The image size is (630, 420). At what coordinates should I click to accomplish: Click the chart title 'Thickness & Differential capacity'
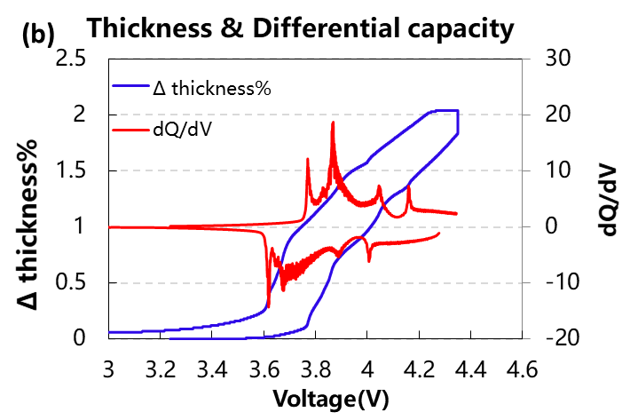(300, 28)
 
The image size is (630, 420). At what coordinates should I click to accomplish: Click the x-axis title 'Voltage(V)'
(330, 400)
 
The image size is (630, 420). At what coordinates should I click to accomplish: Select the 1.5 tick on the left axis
(76, 170)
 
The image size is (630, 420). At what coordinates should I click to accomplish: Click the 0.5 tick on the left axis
(76, 282)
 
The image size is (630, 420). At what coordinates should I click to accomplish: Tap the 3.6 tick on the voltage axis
(264, 368)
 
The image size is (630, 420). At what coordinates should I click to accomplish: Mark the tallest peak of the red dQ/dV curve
(333, 123)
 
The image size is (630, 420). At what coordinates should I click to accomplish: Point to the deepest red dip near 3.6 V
(268, 305)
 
